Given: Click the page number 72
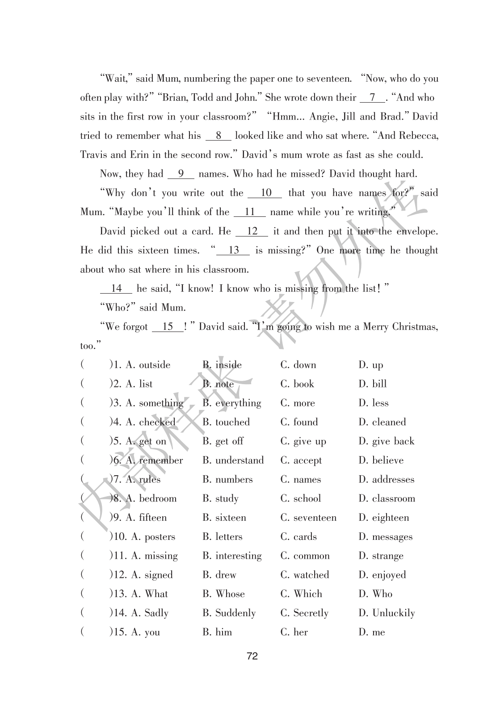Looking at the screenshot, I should pos(252,656).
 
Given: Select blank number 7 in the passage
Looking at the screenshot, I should pos(372,98).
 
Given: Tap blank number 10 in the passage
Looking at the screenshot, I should pos(265,193).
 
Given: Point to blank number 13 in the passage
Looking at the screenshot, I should pos(233,250).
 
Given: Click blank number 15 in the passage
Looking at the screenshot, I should pos(168,327).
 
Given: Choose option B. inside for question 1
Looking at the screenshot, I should pos(222,365).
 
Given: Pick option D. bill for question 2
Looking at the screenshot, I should pos(373,384).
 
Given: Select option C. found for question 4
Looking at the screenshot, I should pos(299,422).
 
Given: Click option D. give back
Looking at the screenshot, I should pos(387,441).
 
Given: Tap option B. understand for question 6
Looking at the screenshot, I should pos(233,460).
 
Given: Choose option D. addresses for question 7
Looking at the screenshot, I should pos(387,480).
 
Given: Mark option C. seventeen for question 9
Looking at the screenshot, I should pos(308,518).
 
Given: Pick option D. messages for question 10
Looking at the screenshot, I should pos(386,537).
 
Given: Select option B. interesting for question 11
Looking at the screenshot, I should pos(232,556).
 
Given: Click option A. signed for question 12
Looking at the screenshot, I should pos(152,575).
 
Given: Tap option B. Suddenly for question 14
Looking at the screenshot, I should pos(229,613).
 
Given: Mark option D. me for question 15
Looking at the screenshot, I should pos(372,632).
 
